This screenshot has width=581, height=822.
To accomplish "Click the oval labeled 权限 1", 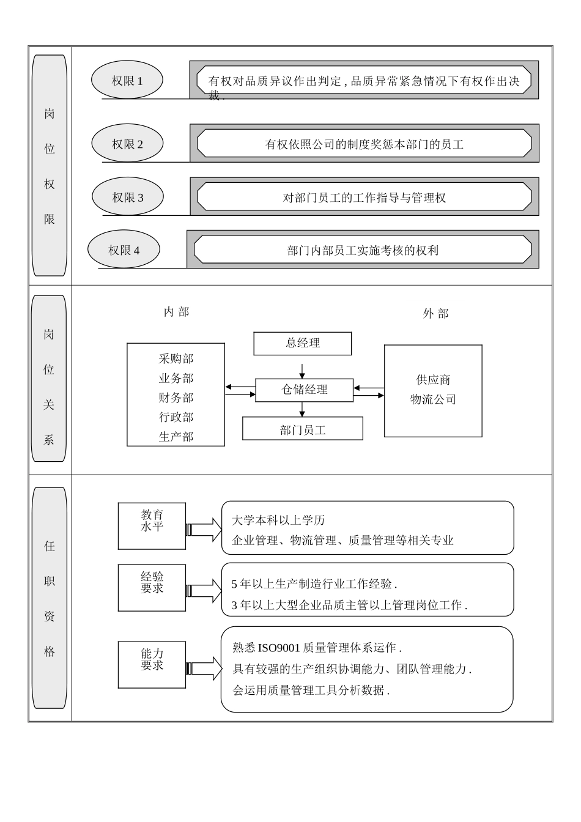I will click(127, 81).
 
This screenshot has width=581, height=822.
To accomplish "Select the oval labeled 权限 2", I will click(127, 144).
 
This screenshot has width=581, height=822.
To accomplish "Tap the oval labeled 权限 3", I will click(128, 198).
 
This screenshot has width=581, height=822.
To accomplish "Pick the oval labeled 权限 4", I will click(124, 250).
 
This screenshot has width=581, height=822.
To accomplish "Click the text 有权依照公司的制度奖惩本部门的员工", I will click(364, 145).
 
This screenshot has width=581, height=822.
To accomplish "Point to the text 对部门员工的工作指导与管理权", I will click(364, 198).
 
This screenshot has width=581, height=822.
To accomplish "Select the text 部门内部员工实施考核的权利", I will click(363, 251).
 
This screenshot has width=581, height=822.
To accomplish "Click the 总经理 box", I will click(303, 343).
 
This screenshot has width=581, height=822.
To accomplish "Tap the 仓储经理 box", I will click(304, 390).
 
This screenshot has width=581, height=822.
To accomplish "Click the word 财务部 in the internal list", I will click(176, 398).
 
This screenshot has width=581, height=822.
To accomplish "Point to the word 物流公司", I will click(433, 400).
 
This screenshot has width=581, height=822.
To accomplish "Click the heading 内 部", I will click(176, 312).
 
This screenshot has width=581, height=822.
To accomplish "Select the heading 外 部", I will click(435, 314).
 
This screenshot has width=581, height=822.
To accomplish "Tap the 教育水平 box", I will click(152, 526).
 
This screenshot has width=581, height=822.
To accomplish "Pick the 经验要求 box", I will click(152, 588).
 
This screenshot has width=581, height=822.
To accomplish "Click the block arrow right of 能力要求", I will click(205, 668).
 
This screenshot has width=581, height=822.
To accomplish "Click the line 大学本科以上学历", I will click(278, 520).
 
